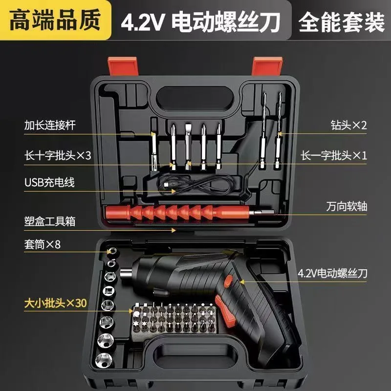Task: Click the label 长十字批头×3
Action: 58,155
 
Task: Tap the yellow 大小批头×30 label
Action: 55,303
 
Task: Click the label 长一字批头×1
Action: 334,155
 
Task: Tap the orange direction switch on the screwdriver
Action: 228,282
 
